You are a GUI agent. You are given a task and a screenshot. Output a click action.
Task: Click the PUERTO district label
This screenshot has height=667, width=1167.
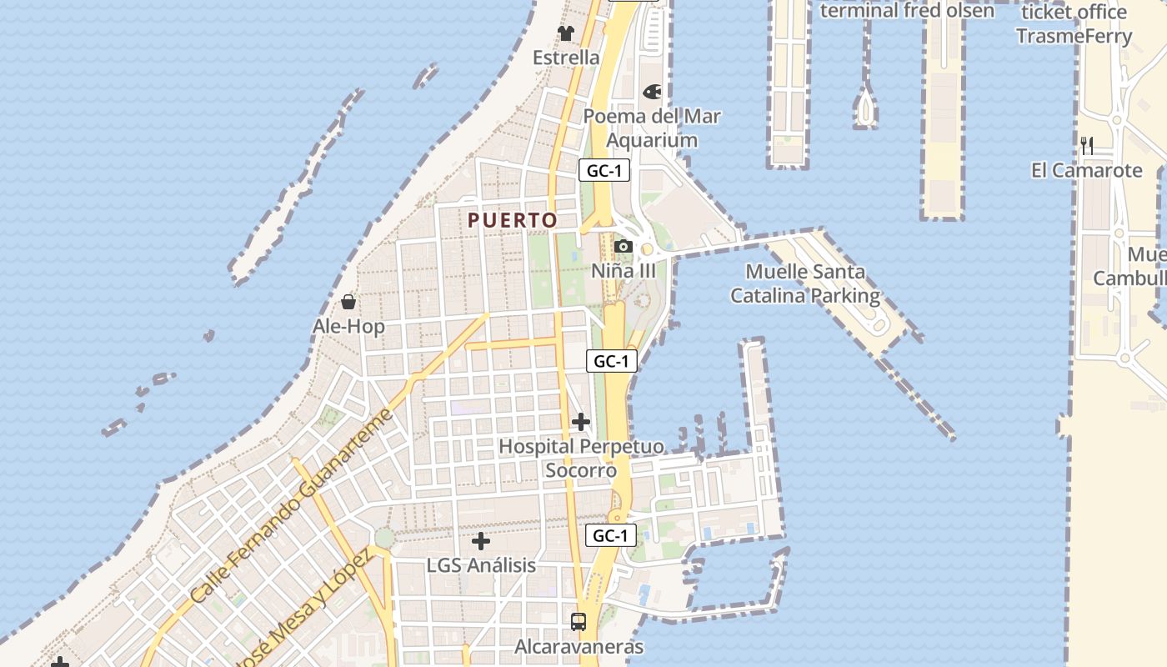click(x=512, y=220)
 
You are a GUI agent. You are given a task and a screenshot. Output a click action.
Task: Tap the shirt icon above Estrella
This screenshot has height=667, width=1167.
click(x=566, y=33)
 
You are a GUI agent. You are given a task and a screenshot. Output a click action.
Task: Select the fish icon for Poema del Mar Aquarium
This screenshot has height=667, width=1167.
click(x=652, y=92)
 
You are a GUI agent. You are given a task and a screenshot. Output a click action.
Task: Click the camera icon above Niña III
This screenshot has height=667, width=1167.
click(x=623, y=247)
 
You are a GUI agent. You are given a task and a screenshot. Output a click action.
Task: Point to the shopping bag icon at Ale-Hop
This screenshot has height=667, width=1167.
click(x=348, y=302)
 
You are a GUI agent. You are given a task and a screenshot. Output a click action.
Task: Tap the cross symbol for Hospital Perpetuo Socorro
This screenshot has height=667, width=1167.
click(x=581, y=422)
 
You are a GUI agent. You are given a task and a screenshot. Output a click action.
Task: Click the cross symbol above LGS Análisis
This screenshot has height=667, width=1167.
click(x=481, y=541)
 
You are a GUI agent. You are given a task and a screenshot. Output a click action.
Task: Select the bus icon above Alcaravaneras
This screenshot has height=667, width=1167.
click(x=578, y=621)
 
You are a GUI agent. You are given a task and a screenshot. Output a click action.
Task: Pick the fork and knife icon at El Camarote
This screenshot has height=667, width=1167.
click(x=1087, y=146)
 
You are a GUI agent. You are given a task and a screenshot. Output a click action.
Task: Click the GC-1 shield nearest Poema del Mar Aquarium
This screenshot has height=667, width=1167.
click(x=604, y=171)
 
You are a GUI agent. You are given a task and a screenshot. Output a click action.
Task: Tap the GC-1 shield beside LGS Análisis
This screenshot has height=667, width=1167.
click(x=611, y=535)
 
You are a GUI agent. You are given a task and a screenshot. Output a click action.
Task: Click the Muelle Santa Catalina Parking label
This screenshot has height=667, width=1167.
click(x=805, y=283)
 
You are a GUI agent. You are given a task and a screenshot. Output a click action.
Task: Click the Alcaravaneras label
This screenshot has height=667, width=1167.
click(x=578, y=646)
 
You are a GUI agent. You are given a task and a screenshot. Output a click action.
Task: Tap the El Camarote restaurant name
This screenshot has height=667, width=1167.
click(x=1086, y=170)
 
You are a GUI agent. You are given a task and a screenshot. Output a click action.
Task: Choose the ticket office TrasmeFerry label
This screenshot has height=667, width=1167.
click(x=1074, y=24)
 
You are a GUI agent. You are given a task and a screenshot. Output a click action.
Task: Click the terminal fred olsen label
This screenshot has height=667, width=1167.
click(x=907, y=11)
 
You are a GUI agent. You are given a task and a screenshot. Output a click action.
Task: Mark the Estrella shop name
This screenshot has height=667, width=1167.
click(x=566, y=58)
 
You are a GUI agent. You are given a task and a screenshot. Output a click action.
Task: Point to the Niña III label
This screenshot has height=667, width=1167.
click(x=623, y=271)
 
